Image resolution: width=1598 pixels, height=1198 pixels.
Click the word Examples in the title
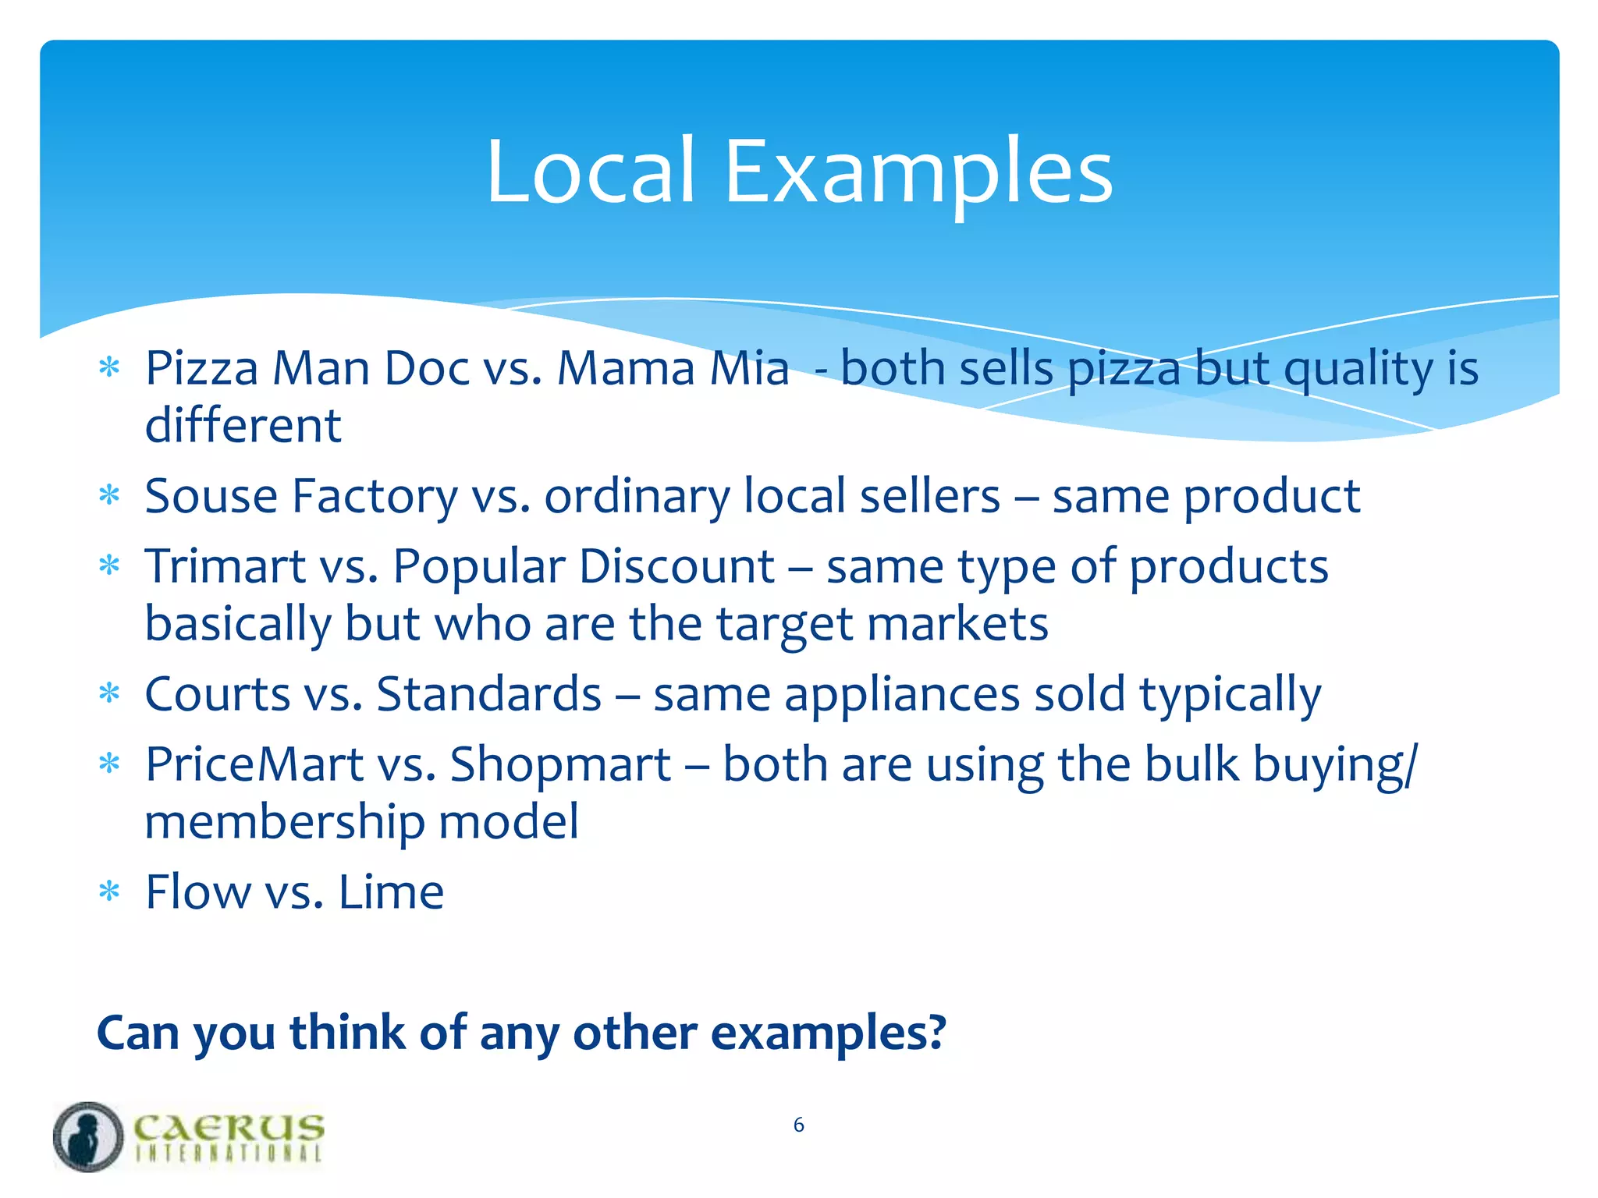click(x=918, y=173)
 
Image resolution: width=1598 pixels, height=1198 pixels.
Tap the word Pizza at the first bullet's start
click(x=201, y=368)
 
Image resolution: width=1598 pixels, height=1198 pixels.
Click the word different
click(x=243, y=426)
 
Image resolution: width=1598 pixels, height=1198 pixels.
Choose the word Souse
click(x=211, y=496)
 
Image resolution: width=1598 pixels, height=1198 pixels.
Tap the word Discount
click(x=676, y=566)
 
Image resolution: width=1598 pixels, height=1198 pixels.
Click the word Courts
click(x=217, y=694)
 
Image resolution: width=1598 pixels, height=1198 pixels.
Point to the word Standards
click(x=488, y=694)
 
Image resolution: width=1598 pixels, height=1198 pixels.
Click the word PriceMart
click(x=254, y=764)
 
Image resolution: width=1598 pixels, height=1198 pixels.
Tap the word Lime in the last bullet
click(x=391, y=892)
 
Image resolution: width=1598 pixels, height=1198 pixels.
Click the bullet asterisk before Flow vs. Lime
click(x=109, y=891)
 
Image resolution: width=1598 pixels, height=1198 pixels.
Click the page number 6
click(x=798, y=1125)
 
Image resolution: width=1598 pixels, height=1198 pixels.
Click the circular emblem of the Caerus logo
click(x=88, y=1136)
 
